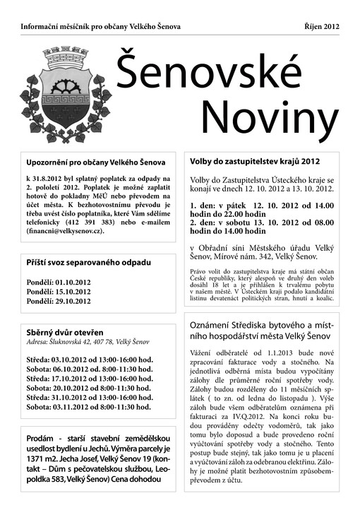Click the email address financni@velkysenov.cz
coord(65,231)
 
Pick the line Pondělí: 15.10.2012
coord(59,291)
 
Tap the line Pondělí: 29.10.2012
coord(59,301)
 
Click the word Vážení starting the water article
coord(205,352)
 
